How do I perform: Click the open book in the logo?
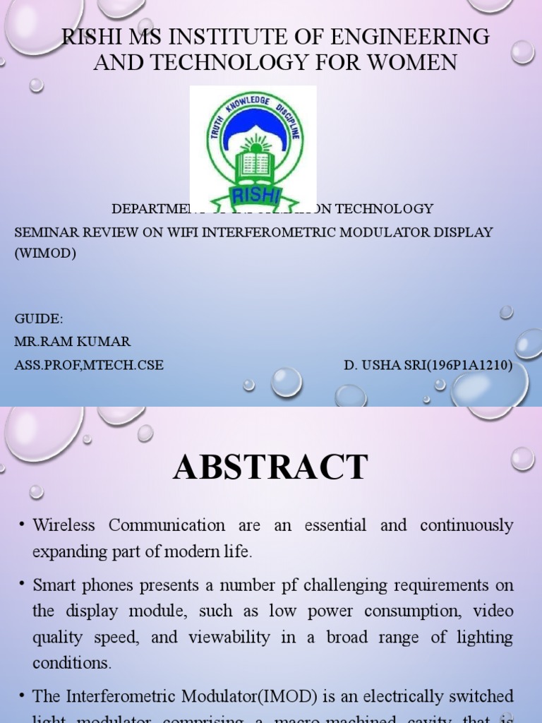(255, 165)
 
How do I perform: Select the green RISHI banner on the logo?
(255, 196)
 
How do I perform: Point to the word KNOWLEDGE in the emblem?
(252, 106)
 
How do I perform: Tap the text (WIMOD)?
(44, 253)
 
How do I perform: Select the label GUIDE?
(39, 319)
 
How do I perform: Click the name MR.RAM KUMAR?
(72, 342)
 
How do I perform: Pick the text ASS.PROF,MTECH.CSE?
(89, 365)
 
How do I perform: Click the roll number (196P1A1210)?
(467, 365)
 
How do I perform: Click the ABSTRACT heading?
(270, 467)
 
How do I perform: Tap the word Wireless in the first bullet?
(64, 525)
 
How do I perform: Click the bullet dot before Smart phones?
(22, 585)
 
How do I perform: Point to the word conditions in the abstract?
(71, 663)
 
